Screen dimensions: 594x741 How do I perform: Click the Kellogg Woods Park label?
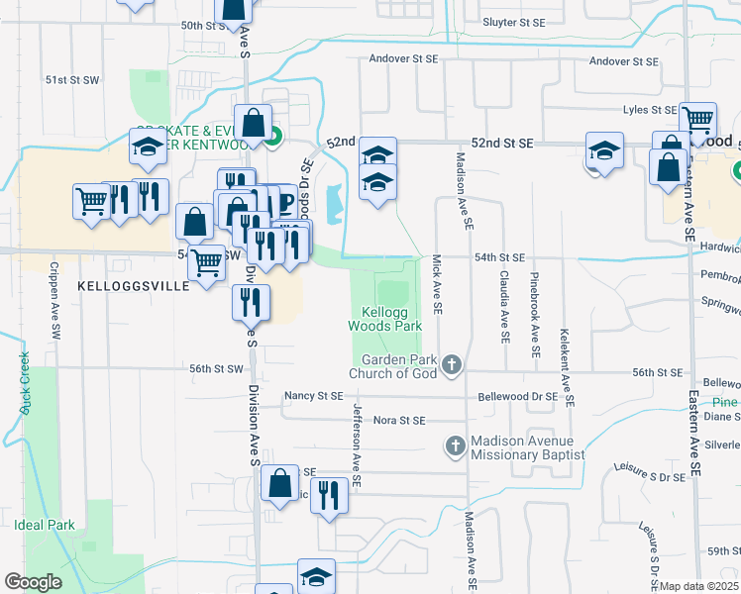[x=385, y=318]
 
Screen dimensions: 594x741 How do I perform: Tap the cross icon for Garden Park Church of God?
[x=452, y=365]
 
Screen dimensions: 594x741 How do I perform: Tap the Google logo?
[x=34, y=582]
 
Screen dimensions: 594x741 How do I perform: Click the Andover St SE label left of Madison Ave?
[x=404, y=59]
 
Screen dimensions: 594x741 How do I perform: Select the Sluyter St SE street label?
[x=513, y=22]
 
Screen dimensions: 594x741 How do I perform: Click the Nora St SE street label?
[x=399, y=421]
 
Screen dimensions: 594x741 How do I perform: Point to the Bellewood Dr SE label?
[x=518, y=396]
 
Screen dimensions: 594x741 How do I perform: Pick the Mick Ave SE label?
[x=435, y=287]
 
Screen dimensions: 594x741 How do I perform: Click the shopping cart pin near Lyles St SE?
[x=698, y=122]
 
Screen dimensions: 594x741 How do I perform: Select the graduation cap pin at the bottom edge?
[x=316, y=576]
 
